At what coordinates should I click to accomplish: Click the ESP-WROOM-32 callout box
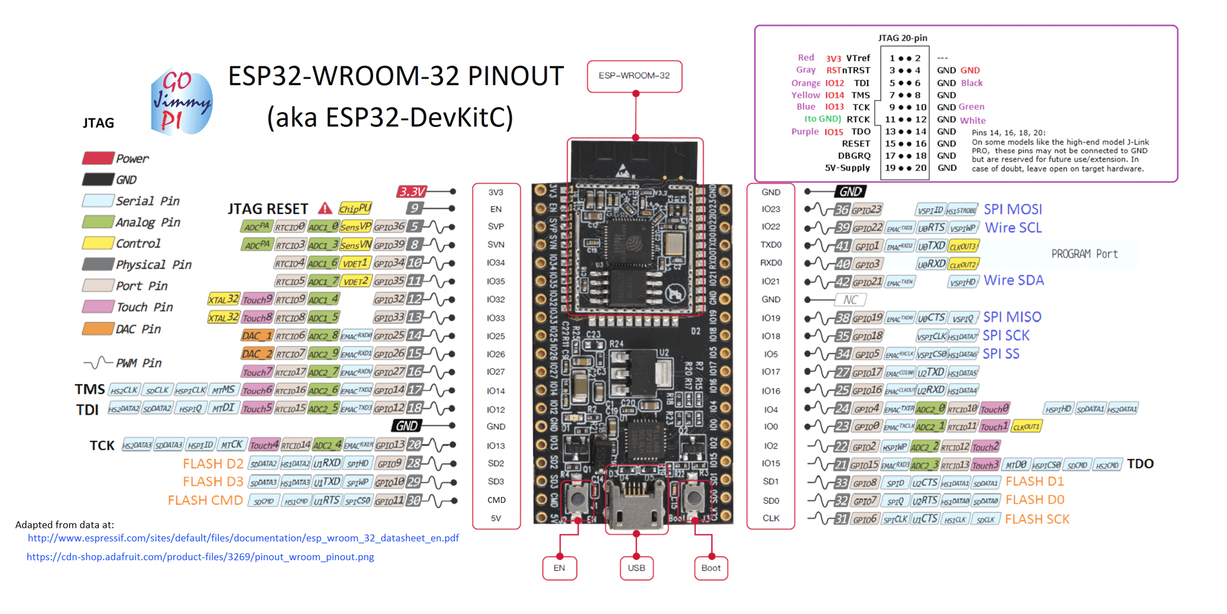[634, 76]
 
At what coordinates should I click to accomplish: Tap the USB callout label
[636, 568]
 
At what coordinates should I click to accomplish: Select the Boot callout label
[710, 568]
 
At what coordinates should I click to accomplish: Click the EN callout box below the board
[559, 568]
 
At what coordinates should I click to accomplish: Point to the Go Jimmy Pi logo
[182, 102]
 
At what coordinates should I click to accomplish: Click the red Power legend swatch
[98, 158]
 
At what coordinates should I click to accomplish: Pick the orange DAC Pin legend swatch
[98, 329]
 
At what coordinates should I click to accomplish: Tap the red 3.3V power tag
[412, 191]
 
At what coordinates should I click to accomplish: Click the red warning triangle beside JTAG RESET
[325, 209]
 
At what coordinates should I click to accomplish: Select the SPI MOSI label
[1012, 209]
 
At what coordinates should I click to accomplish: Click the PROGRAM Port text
[1084, 254]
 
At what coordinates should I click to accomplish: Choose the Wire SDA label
[1014, 280]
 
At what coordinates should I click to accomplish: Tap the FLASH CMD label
[205, 501]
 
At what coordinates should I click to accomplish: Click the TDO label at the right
[1140, 464]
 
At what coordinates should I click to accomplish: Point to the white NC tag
[850, 300]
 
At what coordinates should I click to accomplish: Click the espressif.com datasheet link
[243, 538]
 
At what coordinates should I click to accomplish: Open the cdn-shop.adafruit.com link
[200, 557]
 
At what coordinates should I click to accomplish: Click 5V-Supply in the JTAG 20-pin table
[847, 167]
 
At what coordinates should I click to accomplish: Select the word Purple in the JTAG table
[805, 131]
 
